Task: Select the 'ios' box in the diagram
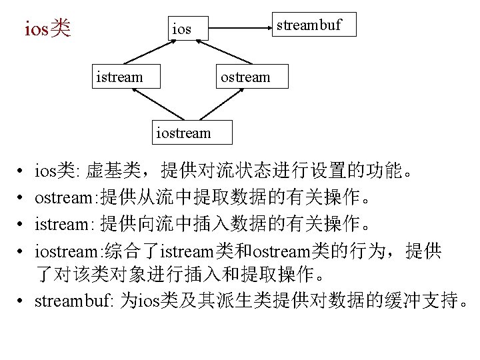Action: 181,29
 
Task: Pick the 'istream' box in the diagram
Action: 119,77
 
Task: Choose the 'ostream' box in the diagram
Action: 246,77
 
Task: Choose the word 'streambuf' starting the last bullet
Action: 73,301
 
